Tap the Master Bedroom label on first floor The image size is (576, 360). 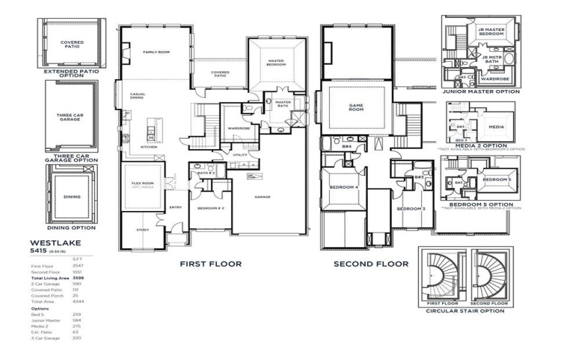(x=276, y=63)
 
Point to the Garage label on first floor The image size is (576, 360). (x=261, y=196)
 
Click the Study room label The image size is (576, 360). (x=143, y=230)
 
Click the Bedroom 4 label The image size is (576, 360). (x=343, y=187)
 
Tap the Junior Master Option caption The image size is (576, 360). (x=481, y=91)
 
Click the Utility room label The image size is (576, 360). (x=240, y=155)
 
